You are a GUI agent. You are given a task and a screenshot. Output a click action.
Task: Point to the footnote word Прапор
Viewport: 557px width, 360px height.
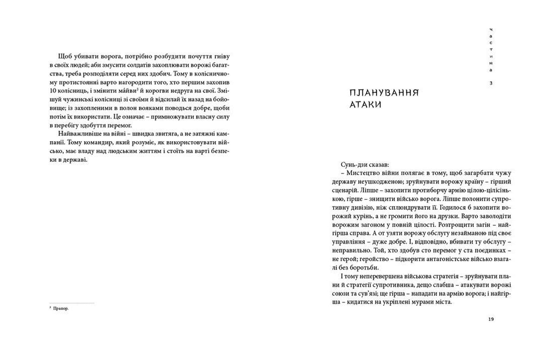point(60,309)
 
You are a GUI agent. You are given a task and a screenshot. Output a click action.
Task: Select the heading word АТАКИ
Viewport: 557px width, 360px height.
point(366,105)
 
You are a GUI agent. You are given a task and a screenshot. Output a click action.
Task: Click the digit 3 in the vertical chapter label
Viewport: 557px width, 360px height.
point(491,82)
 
